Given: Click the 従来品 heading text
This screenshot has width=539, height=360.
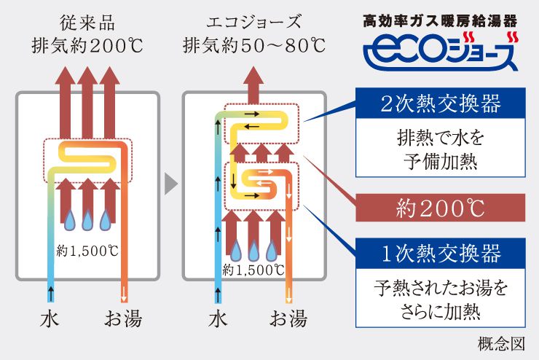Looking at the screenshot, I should tap(87, 19).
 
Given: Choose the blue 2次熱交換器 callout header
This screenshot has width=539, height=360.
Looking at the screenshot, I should tap(441, 103).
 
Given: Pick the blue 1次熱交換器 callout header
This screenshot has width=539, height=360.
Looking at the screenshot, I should tap(441, 254).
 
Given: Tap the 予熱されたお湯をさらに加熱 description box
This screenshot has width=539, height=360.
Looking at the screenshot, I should tap(441, 300).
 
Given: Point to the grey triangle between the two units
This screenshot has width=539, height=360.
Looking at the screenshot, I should tap(170, 184).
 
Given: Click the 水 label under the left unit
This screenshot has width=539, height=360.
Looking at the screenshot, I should tap(50, 318).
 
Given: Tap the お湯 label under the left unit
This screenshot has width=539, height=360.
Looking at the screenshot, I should tap(122, 318).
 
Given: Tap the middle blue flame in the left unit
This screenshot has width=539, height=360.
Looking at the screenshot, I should tap(87, 216).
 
